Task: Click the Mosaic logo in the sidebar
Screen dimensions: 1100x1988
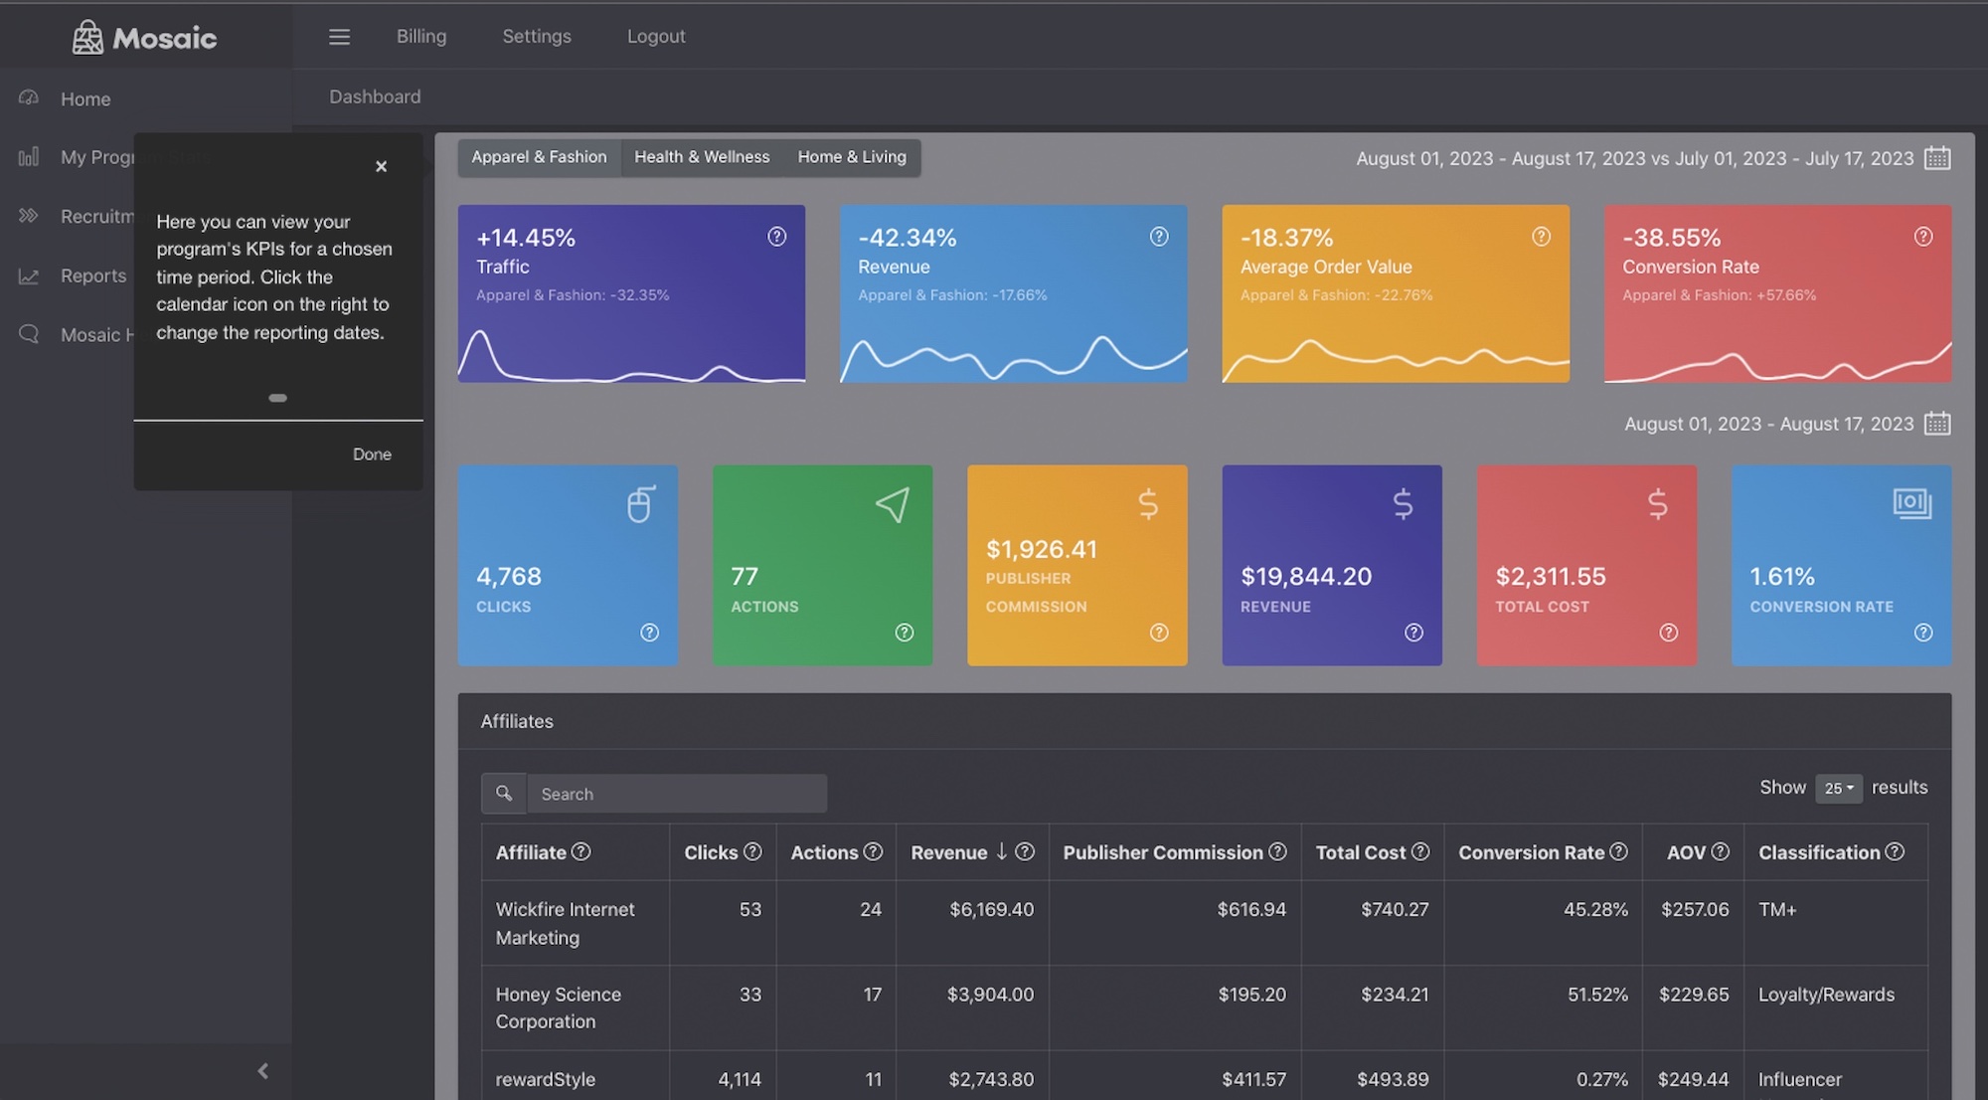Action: (144, 38)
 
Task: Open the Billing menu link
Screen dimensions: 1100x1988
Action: (421, 37)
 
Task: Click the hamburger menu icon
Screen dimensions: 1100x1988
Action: (339, 37)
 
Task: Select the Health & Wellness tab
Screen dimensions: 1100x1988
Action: (702, 157)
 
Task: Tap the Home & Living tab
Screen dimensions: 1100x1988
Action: (852, 157)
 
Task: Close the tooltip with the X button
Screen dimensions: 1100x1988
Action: (381, 166)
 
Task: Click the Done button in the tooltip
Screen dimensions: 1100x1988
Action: (372, 454)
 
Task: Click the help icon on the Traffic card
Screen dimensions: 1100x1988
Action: (777, 237)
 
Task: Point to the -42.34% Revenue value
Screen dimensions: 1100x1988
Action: (907, 238)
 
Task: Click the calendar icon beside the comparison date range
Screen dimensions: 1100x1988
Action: (1937, 158)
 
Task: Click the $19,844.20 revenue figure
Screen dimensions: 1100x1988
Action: (1305, 576)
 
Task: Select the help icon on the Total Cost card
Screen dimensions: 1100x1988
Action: (1669, 633)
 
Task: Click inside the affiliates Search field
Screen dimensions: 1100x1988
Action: (676, 794)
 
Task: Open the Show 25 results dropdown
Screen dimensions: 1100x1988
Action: (1838, 788)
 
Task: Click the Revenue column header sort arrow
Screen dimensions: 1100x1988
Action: (1001, 851)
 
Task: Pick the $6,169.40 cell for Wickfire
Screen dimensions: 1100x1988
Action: (991, 909)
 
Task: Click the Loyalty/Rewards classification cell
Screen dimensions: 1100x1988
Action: (1826, 995)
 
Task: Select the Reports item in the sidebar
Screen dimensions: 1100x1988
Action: (92, 275)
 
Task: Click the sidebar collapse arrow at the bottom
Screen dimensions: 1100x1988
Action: (262, 1071)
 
